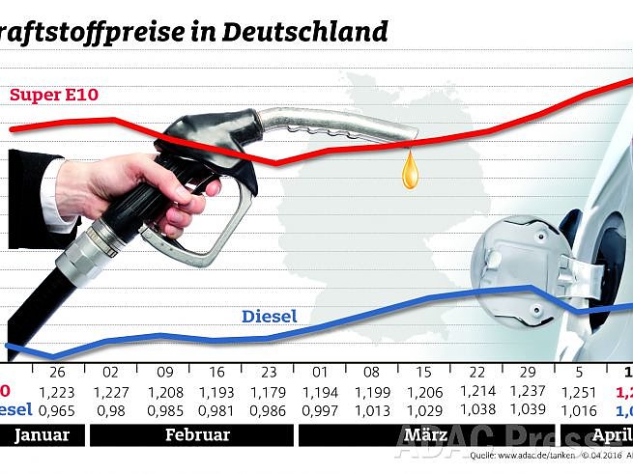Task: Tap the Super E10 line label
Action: (55, 95)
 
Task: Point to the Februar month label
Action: (197, 434)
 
